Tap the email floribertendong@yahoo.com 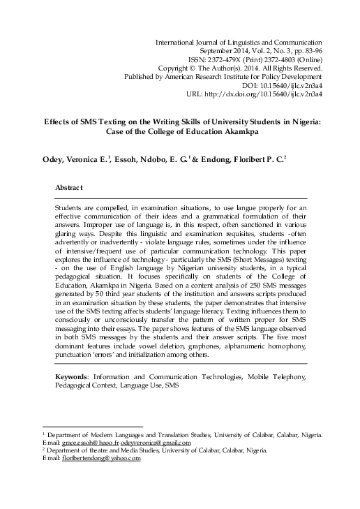100,459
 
